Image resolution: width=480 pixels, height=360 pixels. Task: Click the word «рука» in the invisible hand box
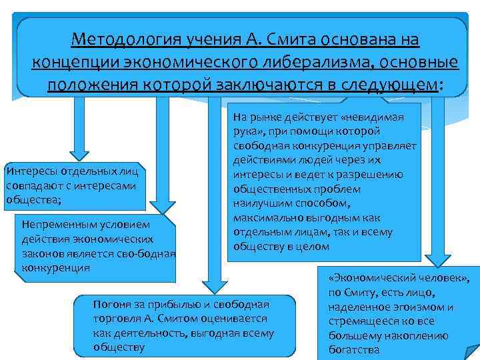[x=245, y=131]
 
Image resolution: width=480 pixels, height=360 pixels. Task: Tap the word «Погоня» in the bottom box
[x=111, y=304]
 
